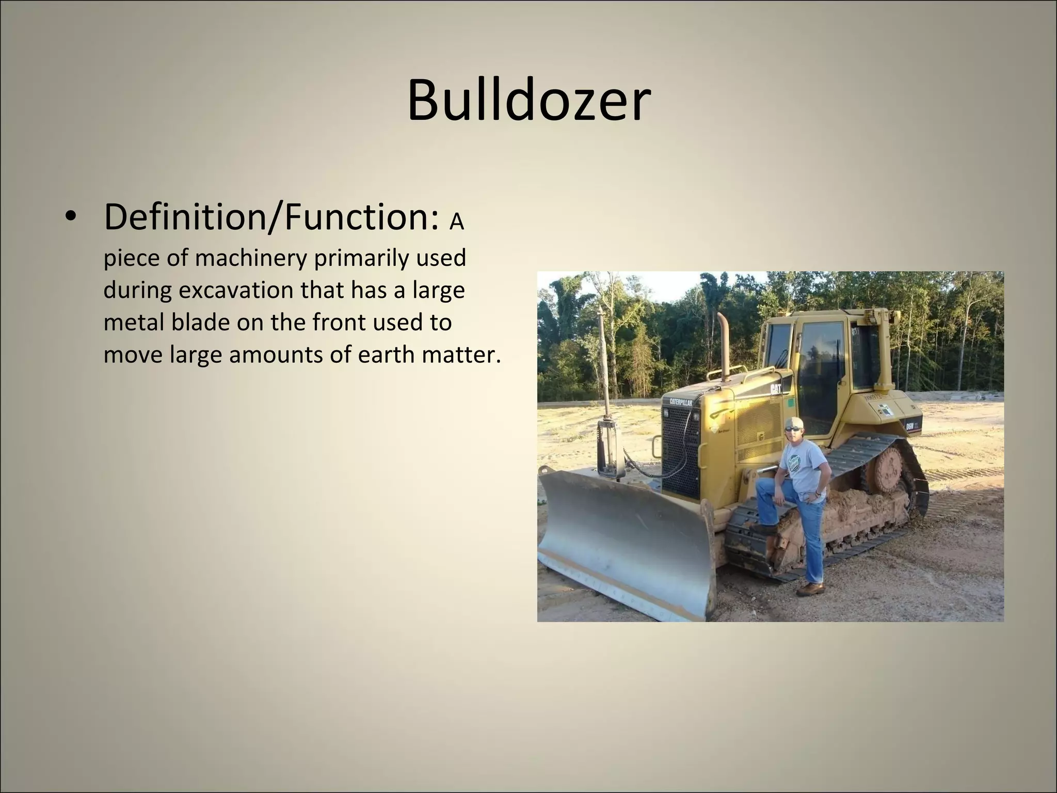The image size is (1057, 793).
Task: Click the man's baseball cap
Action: pyautogui.click(x=793, y=421)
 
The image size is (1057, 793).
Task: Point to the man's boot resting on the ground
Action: pyautogui.click(x=810, y=589)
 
